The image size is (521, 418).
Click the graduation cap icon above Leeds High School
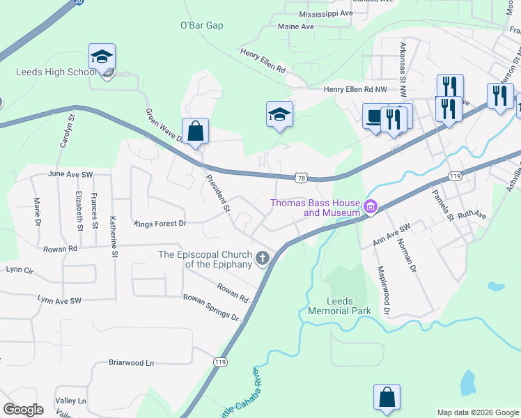pyautogui.click(x=102, y=57)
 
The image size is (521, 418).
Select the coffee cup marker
pyautogui.click(x=375, y=117)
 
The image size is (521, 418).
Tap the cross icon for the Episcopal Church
pyautogui.click(x=263, y=259)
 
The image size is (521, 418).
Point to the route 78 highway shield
pyautogui.click(x=301, y=178)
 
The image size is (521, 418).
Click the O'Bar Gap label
pyautogui.click(x=201, y=26)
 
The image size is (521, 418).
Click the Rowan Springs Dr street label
pyautogui.click(x=211, y=307)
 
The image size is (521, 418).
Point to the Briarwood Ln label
pyautogui.click(x=131, y=363)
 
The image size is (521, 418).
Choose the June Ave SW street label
pyautogui.click(x=70, y=174)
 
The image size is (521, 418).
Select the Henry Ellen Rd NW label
pyautogui.click(x=355, y=89)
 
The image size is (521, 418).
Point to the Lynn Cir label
pyautogui.click(x=19, y=268)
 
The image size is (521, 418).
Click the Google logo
pyautogui.click(x=24, y=410)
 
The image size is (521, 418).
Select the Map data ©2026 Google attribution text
pyautogui.click(x=477, y=412)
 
